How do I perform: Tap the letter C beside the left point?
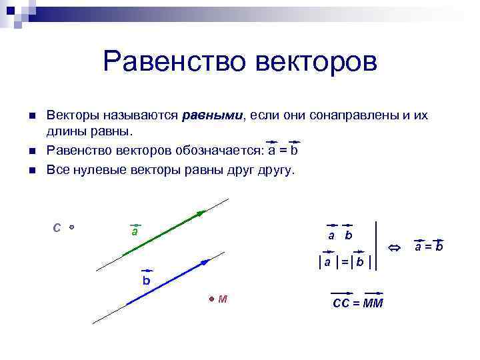click(x=57, y=227)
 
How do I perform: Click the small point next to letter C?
click(x=71, y=227)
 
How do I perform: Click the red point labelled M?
click(x=211, y=299)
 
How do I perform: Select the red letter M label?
click(x=223, y=299)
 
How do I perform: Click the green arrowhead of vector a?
click(x=201, y=213)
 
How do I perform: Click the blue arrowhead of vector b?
click(x=203, y=261)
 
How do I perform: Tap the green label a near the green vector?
click(x=135, y=231)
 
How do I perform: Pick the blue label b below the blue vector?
click(x=146, y=281)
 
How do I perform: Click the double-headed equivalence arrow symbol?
click(x=394, y=248)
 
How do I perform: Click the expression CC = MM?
click(x=357, y=303)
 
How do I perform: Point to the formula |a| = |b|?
click(x=345, y=262)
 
